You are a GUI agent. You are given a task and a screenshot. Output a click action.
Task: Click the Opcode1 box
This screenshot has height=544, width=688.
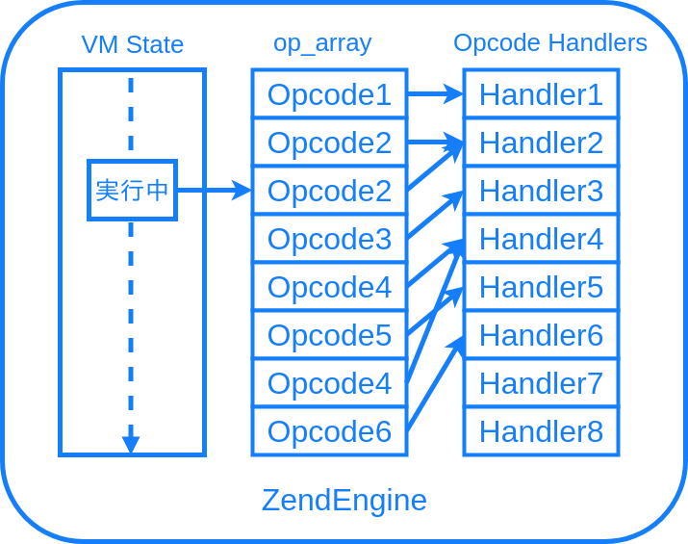coord(329,94)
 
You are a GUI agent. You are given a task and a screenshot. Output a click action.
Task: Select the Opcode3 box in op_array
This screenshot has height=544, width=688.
coord(329,239)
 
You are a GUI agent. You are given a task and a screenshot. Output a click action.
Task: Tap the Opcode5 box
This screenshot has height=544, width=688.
coord(329,335)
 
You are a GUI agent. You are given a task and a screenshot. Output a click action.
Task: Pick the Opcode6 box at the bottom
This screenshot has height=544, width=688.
coord(329,431)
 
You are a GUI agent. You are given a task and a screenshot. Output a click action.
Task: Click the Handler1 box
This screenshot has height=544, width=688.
coord(541,94)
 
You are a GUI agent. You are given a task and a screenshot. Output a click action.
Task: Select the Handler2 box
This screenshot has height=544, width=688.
coord(541,142)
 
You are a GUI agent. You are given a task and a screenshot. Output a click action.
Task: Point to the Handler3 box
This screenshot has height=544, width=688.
coord(541,191)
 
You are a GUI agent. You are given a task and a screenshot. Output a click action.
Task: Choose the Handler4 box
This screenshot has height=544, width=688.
coord(541,239)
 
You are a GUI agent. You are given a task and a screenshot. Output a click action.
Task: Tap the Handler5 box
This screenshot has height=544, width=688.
coord(541,287)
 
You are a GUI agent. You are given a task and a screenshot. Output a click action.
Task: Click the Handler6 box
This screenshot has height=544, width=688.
coord(541,335)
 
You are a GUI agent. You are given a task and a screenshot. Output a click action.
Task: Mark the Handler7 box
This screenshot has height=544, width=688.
coord(541,383)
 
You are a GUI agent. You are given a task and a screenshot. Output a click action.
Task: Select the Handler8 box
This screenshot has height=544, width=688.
coord(541,431)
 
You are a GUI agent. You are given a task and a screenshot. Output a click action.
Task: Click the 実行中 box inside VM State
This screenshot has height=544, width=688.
coord(133,190)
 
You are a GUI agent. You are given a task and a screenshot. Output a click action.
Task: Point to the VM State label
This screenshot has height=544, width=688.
coord(133,44)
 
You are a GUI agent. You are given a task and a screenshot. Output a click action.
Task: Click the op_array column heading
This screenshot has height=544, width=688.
coord(322,43)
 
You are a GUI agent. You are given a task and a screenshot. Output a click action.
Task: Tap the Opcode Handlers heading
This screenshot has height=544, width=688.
coord(550,43)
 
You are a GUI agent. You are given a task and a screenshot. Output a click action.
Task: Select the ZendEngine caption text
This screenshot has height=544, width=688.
coord(344,500)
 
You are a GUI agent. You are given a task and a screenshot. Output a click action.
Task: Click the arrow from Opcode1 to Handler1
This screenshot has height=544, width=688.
coord(435,94)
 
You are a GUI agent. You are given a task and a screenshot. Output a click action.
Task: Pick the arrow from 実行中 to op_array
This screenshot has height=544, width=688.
coord(214,191)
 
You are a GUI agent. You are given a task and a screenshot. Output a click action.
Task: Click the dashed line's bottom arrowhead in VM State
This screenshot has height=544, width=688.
coord(131,445)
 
